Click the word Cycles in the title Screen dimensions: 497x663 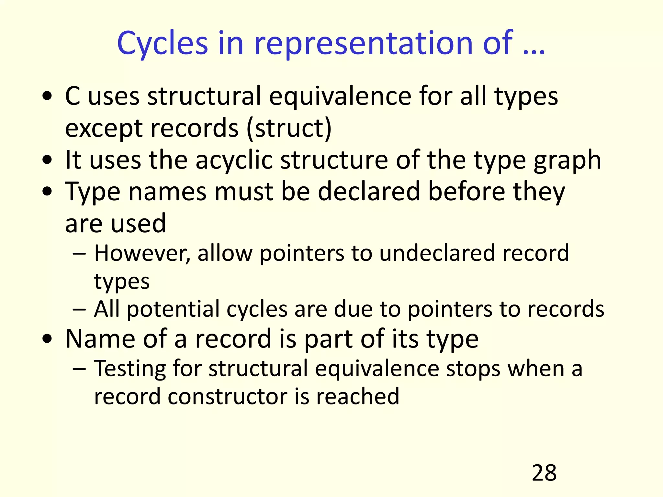162,43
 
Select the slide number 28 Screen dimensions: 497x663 544,473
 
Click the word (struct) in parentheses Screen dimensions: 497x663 289,128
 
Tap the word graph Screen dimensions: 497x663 567,160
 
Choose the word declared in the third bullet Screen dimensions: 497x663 369,192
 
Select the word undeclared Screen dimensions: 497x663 437,253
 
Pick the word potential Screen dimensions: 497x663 173,309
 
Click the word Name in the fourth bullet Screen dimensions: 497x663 100,339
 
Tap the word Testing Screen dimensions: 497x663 130,369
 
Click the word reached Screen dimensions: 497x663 358,396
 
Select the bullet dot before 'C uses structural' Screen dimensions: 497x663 47,96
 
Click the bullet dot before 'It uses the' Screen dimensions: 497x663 47,160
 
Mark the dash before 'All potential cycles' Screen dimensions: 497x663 79,309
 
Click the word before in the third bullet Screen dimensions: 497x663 466,192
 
